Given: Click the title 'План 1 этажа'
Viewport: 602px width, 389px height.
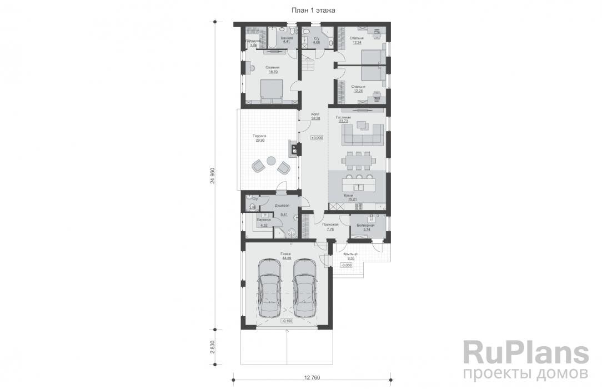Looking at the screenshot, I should [313, 10].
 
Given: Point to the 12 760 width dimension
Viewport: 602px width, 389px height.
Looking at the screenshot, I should [312, 378].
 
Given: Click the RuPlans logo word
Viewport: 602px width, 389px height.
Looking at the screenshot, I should [525, 353].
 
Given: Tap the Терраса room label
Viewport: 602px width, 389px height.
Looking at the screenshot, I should [259, 136].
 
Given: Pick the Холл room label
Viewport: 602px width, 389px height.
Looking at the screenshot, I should [315, 114].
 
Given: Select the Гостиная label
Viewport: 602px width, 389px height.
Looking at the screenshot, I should [344, 118].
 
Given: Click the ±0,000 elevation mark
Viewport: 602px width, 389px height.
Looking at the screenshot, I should [317, 137].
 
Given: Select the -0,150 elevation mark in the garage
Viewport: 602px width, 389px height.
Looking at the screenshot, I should [287, 321].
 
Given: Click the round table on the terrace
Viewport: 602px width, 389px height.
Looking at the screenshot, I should [270, 161].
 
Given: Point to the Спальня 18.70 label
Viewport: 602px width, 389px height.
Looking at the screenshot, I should [272, 68].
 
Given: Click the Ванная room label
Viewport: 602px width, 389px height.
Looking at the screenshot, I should [287, 38].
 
